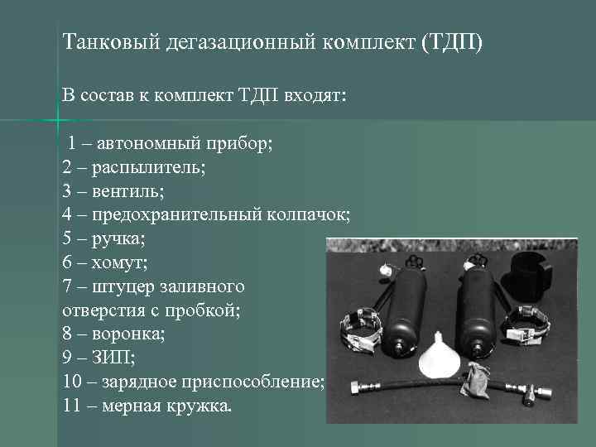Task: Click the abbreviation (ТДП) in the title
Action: click(451, 41)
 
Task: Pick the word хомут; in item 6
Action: click(120, 263)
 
